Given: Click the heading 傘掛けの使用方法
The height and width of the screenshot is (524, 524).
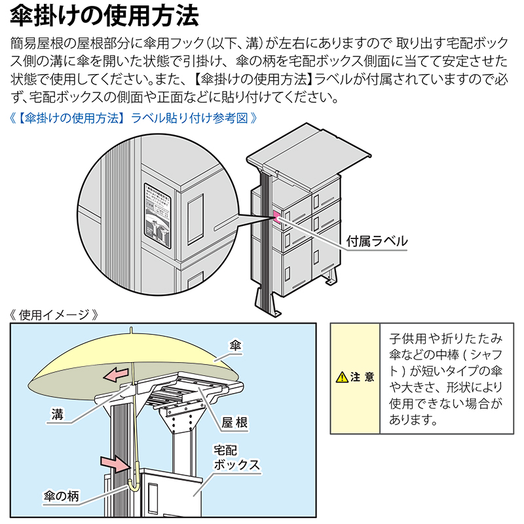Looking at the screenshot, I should [x=105, y=14].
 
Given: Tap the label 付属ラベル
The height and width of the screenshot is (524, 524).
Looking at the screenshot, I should [x=377, y=241].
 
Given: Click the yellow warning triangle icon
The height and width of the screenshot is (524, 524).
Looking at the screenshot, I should [x=341, y=377].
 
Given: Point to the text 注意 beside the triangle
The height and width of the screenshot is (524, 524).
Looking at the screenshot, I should [x=362, y=377].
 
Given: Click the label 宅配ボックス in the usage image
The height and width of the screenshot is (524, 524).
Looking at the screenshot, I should [x=236, y=458].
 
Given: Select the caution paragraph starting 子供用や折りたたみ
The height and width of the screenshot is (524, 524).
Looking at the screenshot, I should [x=445, y=379].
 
